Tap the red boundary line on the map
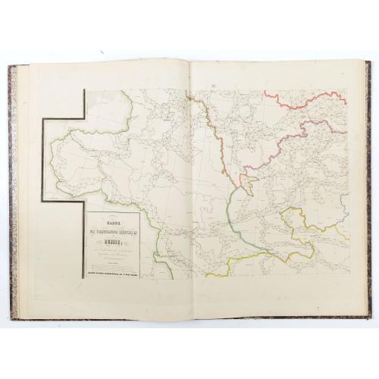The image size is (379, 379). coord(303,97)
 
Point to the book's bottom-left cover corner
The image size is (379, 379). coord(11,318)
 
